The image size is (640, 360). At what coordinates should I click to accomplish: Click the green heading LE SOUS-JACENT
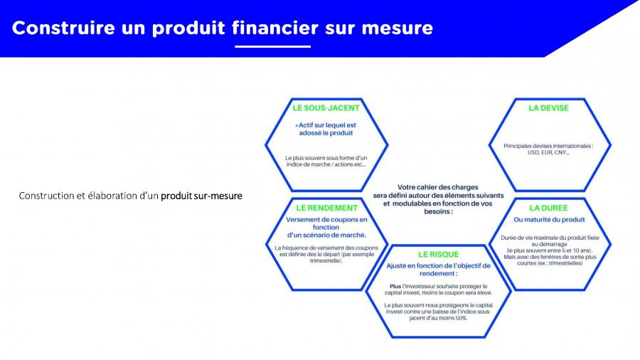click(x=326, y=108)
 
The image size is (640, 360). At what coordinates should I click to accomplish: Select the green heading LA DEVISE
click(x=548, y=108)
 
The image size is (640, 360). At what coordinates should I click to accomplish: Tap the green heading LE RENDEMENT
click(x=326, y=208)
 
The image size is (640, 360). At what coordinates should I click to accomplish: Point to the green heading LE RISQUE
click(x=438, y=255)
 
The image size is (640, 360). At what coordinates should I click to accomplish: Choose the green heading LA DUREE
click(x=548, y=208)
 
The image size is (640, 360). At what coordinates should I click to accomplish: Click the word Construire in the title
click(x=63, y=28)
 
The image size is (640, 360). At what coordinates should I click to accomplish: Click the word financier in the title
click(x=275, y=28)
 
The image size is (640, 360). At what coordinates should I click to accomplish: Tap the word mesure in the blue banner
click(x=397, y=28)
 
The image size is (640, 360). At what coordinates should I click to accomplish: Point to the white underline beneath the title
click(x=272, y=46)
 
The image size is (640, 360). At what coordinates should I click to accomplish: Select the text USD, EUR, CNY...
click(x=548, y=153)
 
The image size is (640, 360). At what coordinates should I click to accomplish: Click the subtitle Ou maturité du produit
click(x=549, y=220)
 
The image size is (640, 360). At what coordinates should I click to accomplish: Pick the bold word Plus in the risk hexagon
click(x=395, y=287)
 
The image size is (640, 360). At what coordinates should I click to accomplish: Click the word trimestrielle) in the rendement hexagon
click(x=326, y=261)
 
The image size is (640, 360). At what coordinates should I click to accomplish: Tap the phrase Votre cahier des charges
click(x=438, y=187)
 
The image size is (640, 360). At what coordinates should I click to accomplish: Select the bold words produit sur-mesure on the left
click(x=201, y=196)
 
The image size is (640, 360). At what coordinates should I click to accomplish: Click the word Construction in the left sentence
click(x=46, y=196)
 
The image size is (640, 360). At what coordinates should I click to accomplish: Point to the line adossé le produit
click(x=326, y=133)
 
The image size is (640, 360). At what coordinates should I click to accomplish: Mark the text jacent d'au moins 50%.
click(x=438, y=318)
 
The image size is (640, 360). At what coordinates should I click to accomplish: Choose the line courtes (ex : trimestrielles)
click(x=550, y=264)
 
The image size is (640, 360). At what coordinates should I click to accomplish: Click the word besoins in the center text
click(x=437, y=212)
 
